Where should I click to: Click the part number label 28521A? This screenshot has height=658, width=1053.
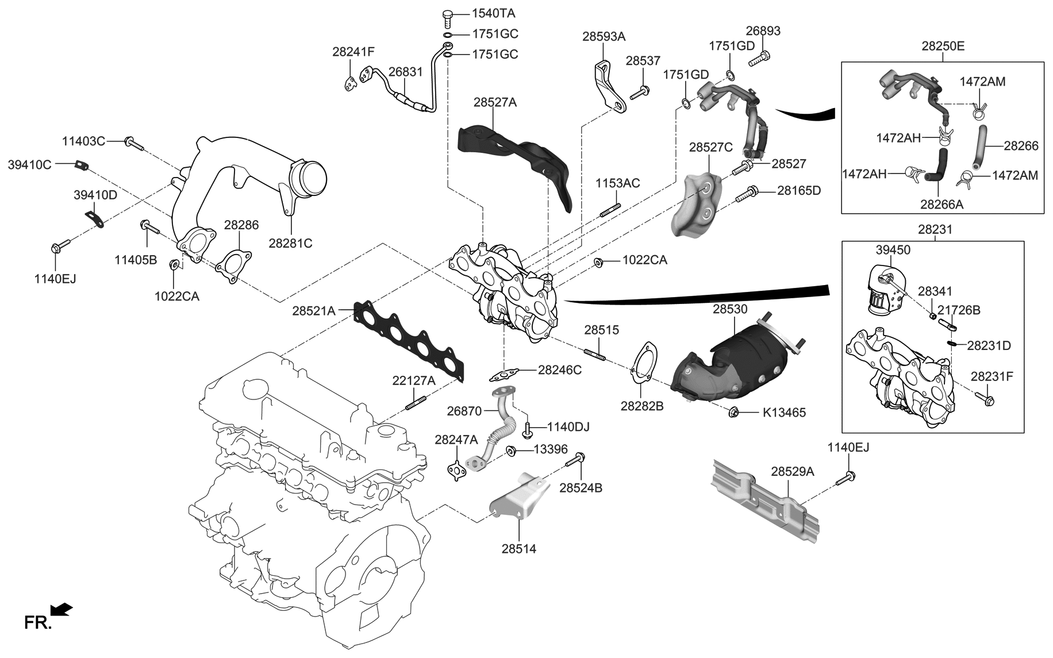313,311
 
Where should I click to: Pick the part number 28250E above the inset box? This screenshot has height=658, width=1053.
943,47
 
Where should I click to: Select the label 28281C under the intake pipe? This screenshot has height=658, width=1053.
290,244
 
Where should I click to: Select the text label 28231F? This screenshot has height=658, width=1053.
992,377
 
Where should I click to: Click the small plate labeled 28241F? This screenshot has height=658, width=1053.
351,83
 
